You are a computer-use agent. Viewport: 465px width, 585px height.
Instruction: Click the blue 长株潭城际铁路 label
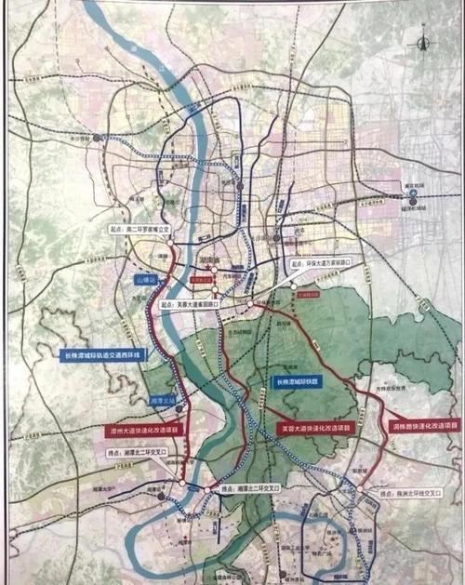tap(301, 380)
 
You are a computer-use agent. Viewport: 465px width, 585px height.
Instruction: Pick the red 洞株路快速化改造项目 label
tap(422, 423)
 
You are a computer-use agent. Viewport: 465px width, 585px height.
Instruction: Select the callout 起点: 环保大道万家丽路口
tap(321, 264)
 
